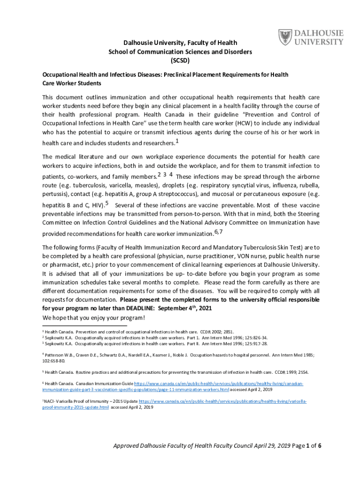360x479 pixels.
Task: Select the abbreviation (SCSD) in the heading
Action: (180, 60)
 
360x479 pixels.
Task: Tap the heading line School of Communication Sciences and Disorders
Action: (180, 51)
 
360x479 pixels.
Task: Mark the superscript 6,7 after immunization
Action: (218, 232)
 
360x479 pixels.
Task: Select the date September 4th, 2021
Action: (180, 308)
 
